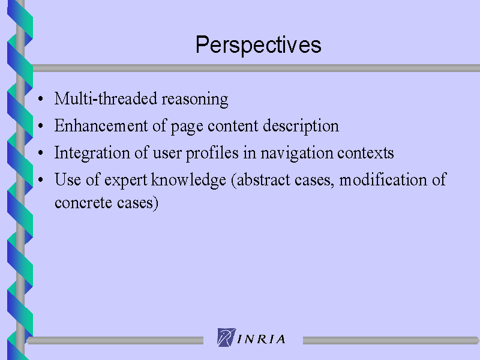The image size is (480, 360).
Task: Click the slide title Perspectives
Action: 259,46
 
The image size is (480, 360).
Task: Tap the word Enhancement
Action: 101,125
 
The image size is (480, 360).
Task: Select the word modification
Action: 383,179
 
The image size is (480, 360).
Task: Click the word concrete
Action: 83,203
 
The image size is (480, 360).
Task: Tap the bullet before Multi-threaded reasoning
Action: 40,98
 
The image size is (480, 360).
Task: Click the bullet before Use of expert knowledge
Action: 40,179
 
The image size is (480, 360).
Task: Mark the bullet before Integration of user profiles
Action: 40,152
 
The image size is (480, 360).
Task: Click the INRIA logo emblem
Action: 226,337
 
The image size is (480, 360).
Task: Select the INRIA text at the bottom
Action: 262,339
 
